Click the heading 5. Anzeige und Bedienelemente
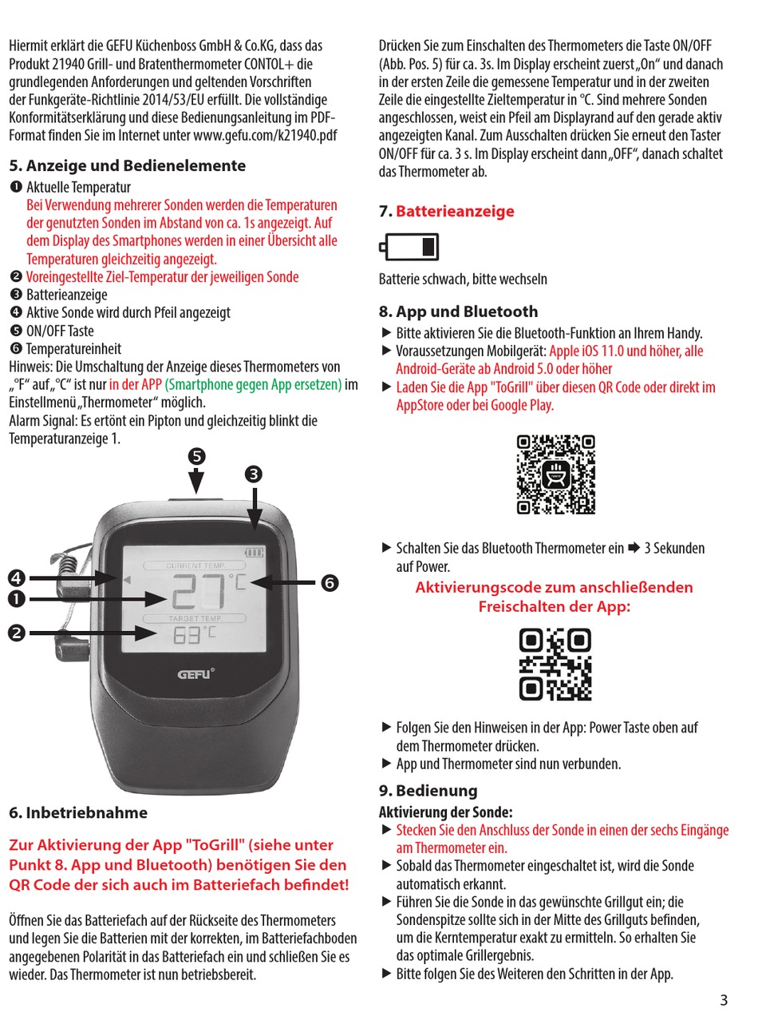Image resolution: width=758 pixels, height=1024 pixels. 128,166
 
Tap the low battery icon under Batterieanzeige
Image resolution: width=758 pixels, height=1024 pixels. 409,248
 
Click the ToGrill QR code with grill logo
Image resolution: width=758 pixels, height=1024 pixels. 555,474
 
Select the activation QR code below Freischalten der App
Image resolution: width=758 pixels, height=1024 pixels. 555,665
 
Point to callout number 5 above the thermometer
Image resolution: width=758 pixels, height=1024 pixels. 196,457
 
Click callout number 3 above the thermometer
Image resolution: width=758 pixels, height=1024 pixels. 253,474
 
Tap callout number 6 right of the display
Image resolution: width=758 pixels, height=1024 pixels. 329,583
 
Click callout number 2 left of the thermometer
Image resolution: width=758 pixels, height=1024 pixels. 17,633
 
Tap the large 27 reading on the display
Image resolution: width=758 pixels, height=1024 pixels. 199,593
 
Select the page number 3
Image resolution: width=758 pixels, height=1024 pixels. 724,1000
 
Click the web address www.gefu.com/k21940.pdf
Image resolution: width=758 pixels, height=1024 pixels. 265,135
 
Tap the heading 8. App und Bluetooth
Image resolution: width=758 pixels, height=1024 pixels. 458,312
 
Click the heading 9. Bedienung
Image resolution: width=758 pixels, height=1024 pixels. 428,791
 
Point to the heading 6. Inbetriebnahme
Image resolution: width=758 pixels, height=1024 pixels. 78,813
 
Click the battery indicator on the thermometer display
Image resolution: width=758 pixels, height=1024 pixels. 254,551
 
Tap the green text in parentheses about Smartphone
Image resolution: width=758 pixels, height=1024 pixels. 253,384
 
